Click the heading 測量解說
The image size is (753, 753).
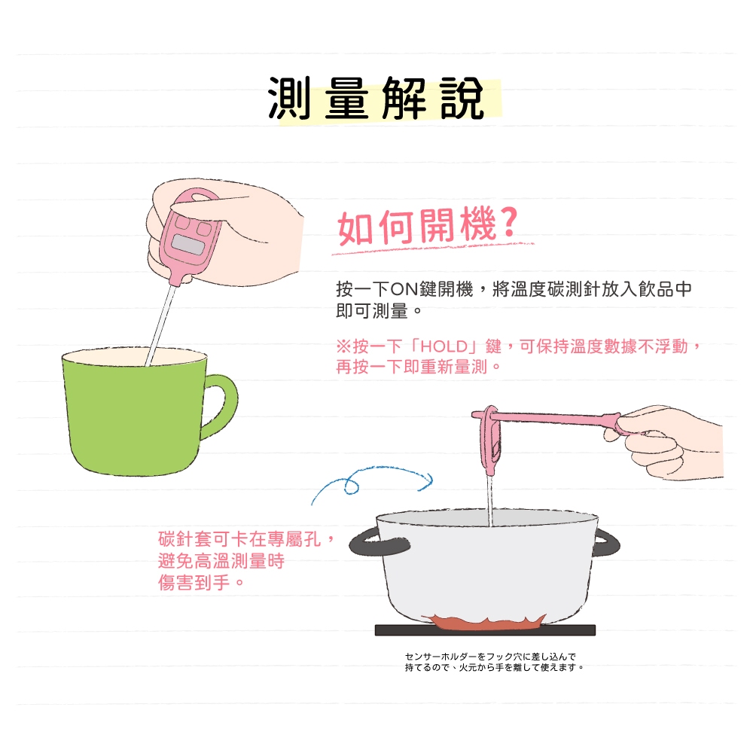click(x=376, y=99)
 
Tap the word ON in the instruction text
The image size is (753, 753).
click(x=404, y=289)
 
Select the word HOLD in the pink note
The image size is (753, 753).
click(x=444, y=346)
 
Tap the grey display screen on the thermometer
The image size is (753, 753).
click(x=188, y=245)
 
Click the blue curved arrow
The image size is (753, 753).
click(x=372, y=480)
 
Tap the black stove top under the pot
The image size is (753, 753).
click(x=485, y=630)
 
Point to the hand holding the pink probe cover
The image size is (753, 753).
click(x=670, y=442)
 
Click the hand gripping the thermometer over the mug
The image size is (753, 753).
click(x=226, y=230)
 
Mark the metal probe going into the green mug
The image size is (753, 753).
click(x=161, y=325)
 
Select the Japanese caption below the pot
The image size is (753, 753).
click(x=494, y=662)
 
